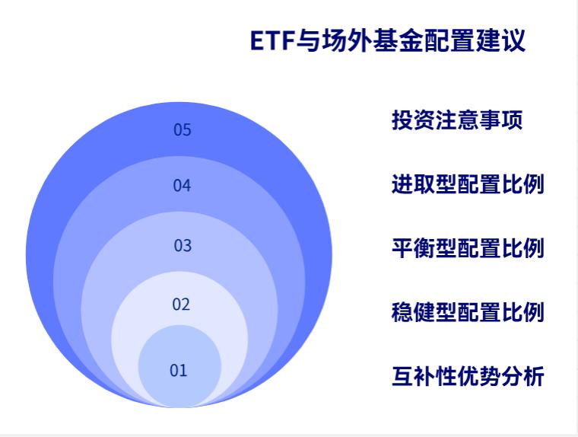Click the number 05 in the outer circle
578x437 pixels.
182,129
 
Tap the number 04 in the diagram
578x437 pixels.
182,185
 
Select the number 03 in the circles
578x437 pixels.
183,245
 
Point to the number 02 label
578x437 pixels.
180,305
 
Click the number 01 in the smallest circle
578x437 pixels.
178,371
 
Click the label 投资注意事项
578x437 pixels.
457,120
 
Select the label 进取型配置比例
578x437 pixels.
468,184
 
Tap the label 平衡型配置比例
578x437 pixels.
468,248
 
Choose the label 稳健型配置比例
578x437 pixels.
468,312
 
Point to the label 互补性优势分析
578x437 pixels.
468,376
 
